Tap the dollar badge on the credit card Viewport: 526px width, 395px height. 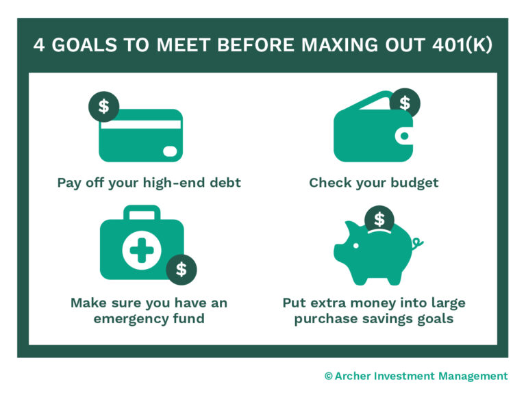click(103, 106)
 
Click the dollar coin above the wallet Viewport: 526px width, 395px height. click(404, 103)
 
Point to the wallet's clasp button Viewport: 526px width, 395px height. click(405, 136)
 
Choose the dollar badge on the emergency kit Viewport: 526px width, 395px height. click(181, 269)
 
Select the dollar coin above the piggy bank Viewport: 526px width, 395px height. click(379, 220)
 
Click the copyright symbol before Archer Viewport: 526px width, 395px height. click(328, 376)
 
